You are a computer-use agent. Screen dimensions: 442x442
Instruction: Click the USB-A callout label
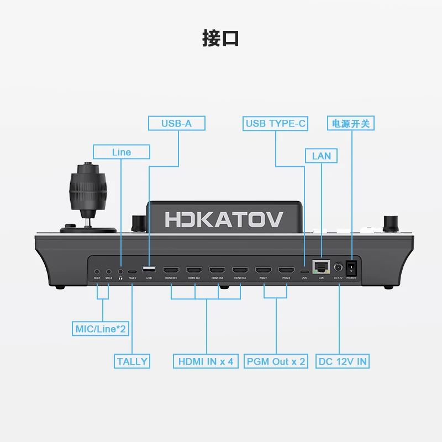tap(176, 123)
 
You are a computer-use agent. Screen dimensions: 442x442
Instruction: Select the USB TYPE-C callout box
tap(276, 123)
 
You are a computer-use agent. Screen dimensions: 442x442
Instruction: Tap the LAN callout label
tap(321, 156)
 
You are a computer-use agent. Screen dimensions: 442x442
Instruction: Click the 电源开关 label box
tap(351, 123)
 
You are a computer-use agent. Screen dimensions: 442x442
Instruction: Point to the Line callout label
tap(121, 152)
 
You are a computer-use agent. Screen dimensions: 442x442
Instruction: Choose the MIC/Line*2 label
tap(100, 329)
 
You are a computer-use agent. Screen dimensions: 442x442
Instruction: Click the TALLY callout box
tap(132, 361)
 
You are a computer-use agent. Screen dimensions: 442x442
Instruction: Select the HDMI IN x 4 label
tap(206, 361)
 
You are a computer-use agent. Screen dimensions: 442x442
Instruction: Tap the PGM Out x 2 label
tap(275, 361)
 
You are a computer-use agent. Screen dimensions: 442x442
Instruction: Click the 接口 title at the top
tap(220, 39)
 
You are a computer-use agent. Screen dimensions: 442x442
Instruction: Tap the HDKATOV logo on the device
tap(224, 218)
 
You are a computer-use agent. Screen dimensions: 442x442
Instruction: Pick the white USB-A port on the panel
tap(148, 270)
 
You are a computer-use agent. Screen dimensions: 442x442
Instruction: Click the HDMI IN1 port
tap(170, 271)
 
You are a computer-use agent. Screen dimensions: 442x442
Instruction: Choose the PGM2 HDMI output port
tap(286, 271)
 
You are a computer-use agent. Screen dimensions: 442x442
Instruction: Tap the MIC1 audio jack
tap(97, 271)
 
